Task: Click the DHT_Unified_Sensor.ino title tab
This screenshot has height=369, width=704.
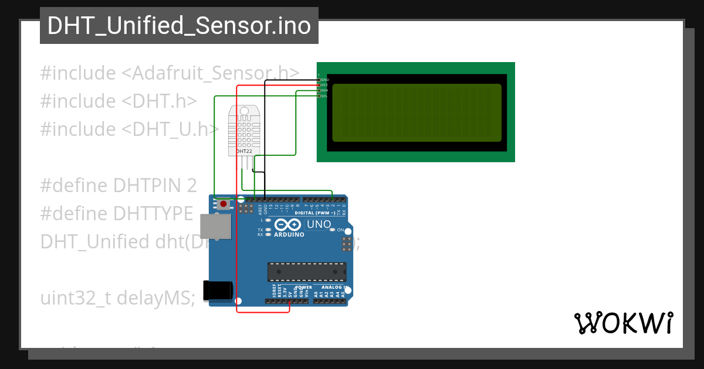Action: (179, 26)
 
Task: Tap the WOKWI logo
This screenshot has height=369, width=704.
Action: (623, 323)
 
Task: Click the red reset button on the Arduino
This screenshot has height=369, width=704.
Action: (224, 204)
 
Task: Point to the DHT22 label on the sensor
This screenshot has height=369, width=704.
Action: (244, 151)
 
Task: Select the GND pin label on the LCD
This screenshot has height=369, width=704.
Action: (325, 79)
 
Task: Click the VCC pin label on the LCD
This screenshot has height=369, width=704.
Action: (324, 85)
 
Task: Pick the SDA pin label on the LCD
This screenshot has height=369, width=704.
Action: (324, 90)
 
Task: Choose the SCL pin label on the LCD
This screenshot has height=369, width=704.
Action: (324, 95)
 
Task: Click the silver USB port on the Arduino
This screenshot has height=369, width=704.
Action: (215, 227)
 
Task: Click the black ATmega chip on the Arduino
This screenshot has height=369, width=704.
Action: (307, 272)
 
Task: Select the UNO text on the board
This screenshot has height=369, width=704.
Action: (319, 224)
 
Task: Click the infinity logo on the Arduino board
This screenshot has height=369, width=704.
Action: (287, 225)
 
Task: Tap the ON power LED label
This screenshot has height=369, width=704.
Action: (340, 230)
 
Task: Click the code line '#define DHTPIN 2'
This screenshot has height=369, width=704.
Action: (119, 186)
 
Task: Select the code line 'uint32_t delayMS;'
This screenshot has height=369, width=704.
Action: (118, 298)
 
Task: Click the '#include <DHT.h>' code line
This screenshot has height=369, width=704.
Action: (119, 101)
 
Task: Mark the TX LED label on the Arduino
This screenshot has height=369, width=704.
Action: (260, 230)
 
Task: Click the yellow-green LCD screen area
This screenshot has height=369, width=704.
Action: (417, 112)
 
